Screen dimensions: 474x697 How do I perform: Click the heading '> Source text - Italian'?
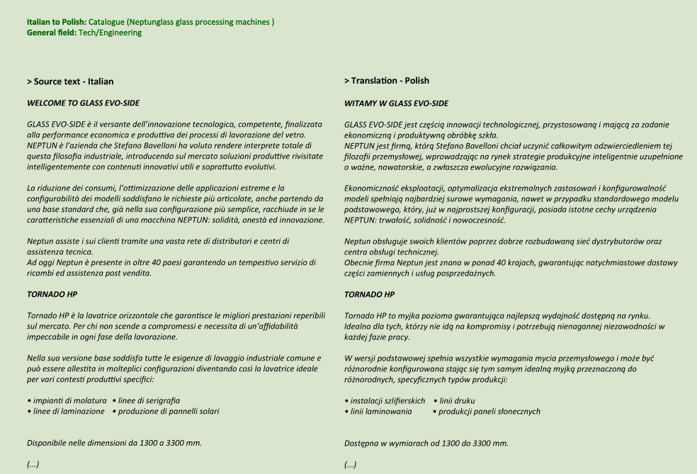[x=70, y=81]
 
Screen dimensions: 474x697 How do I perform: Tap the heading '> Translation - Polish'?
[x=387, y=81]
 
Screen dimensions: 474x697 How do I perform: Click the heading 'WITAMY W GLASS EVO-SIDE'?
[x=396, y=103]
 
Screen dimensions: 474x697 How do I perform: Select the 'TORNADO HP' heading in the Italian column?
[x=52, y=293]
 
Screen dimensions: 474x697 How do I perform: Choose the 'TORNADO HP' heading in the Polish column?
[x=369, y=293]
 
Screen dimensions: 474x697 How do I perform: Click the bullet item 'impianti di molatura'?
[x=69, y=400]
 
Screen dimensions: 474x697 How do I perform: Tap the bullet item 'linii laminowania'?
[x=381, y=411]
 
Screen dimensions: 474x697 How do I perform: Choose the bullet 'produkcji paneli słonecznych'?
[x=489, y=411]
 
